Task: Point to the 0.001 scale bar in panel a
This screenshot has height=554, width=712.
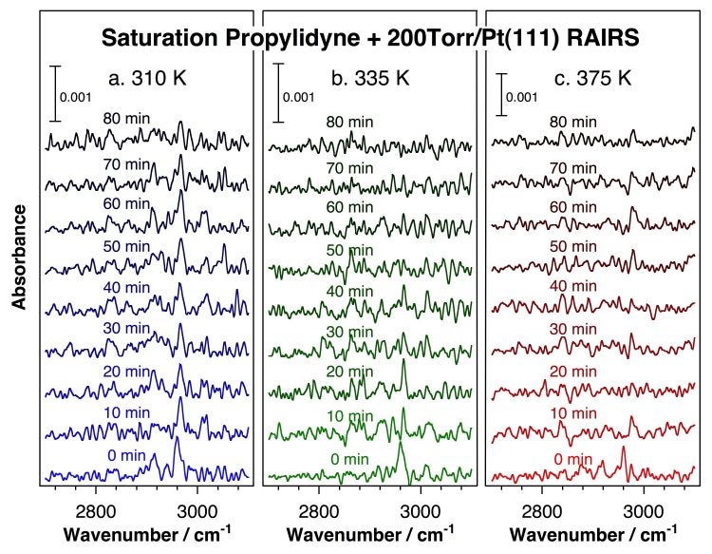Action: (56, 93)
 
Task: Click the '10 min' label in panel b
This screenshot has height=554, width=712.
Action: (347, 416)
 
